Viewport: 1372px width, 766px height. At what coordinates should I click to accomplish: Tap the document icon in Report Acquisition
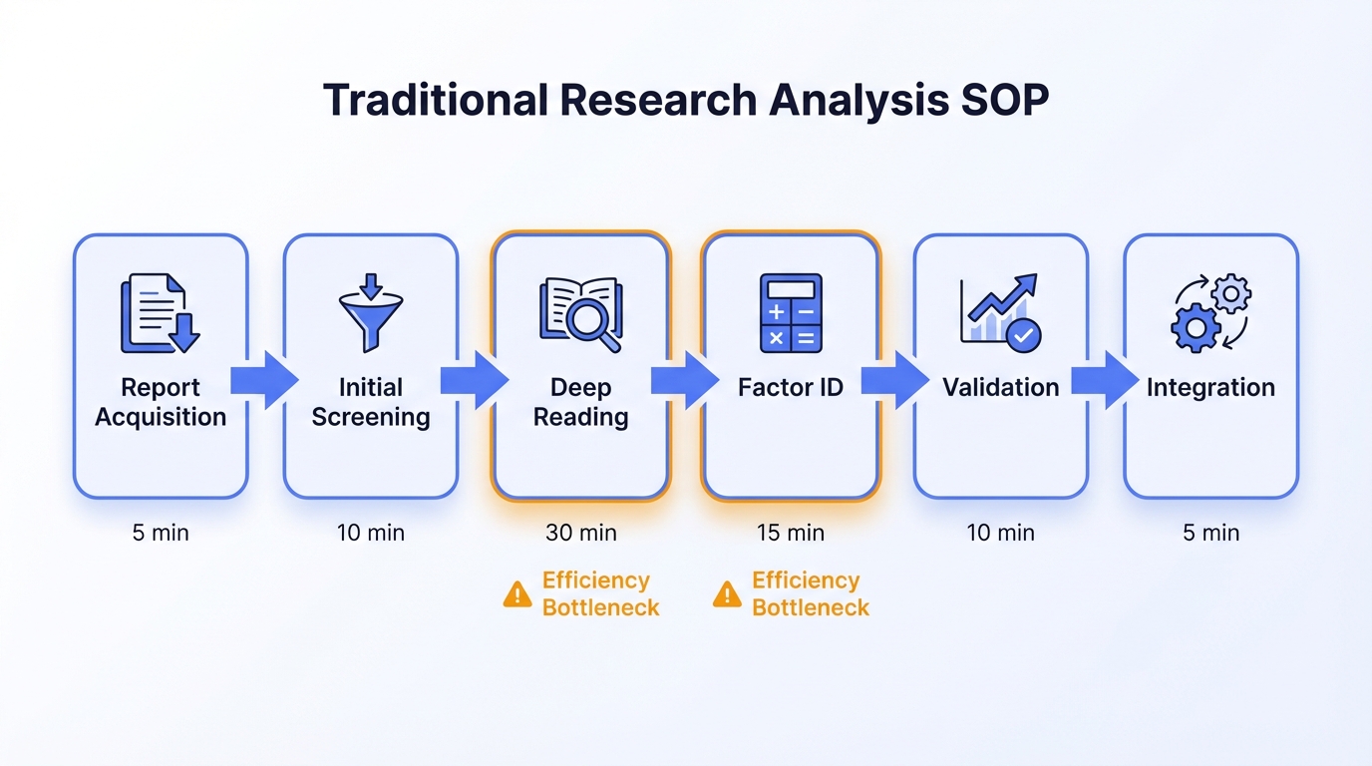click(160, 313)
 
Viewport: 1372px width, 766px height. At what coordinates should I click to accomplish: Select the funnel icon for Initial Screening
click(370, 312)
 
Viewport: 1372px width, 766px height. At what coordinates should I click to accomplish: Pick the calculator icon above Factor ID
click(791, 313)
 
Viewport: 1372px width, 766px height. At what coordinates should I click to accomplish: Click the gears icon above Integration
click(1210, 313)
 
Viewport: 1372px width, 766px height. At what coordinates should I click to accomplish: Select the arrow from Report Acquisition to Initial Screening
click(264, 380)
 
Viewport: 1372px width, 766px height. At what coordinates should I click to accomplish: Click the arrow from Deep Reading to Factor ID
click(685, 380)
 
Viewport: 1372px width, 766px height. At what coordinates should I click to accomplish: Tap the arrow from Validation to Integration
click(1105, 380)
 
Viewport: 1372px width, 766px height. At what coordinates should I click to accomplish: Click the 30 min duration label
click(580, 533)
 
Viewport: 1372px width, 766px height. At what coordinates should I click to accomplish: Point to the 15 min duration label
click(791, 533)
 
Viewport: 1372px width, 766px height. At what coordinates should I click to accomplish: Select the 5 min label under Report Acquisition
click(161, 533)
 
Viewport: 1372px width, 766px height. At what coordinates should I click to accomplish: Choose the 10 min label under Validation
click(1000, 533)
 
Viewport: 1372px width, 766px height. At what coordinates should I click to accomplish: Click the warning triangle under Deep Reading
click(517, 595)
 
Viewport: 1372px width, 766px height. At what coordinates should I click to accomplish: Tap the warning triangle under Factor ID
click(727, 595)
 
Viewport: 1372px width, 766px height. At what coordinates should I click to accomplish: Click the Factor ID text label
click(791, 387)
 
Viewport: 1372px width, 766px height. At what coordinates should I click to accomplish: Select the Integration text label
click(1210, 387)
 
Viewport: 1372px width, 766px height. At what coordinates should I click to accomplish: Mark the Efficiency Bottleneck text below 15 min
click(811, 593)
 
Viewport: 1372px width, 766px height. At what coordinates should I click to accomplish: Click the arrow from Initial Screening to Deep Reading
click(475, 380)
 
